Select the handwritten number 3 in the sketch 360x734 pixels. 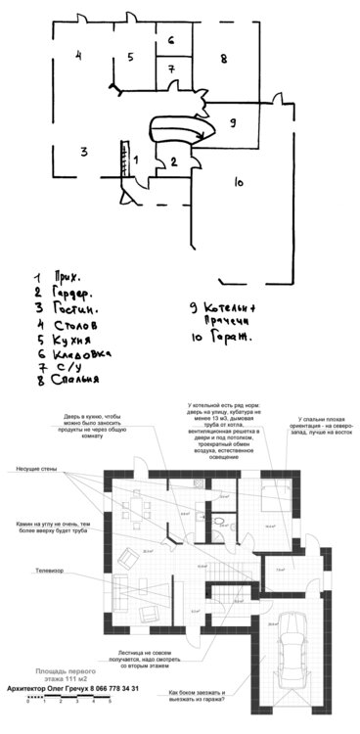pos(85,151)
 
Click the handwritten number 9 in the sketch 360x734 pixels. pos(231,122)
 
